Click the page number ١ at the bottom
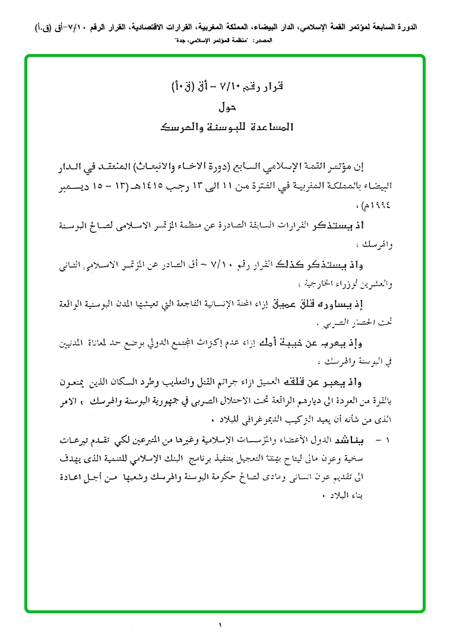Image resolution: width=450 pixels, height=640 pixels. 220,625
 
